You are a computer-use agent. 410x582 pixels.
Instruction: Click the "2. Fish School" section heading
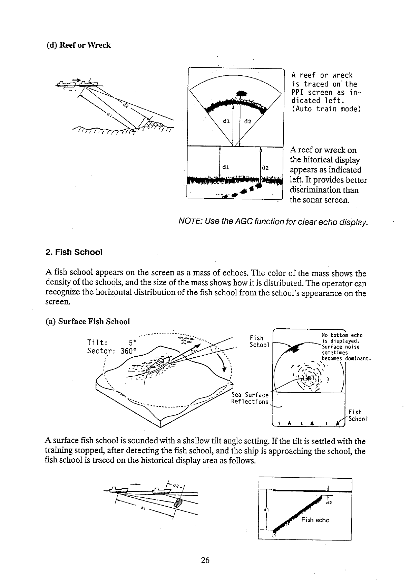[x=74, y=252]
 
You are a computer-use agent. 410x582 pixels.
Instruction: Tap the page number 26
[x=205, y=560]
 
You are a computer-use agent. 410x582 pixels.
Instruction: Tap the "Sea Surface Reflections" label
[x=250, y=398]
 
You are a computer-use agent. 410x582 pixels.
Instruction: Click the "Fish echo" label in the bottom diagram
[x=315, y=520]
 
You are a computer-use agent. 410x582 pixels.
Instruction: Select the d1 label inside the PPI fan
[x=227, y=121]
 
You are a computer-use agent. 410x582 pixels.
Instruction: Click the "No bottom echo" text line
[x=342, y=335]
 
